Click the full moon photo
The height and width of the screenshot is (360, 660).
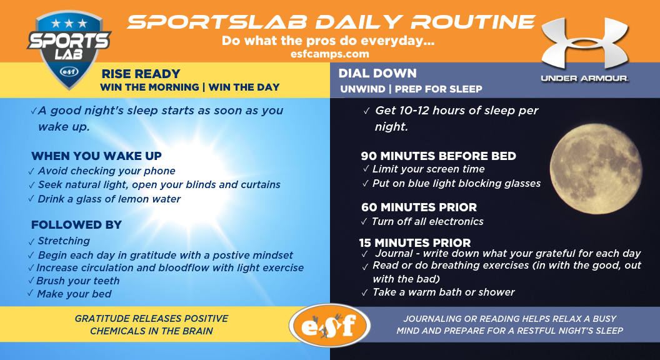pyautogui.click(x=596, y=169)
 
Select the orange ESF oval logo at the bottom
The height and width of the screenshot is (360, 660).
pyautogui.click(x=329, y=326)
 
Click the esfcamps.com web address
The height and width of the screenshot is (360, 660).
pyautogui.click(x=329, y=54)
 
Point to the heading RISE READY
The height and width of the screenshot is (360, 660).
pyautogui.click(x=141, y=74)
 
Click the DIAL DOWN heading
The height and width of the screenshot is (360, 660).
pyautogui.click(x=377, y=73)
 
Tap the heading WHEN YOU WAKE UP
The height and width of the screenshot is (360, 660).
pyautogui.click(x=96, y=156)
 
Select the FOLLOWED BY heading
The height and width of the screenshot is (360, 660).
pyautogui.click(x=77, y=225)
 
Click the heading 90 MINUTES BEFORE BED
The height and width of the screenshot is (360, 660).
pyautogui.click(x=438, y=156)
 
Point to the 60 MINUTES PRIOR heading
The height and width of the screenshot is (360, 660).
pyautogui.click(x=419, y=207)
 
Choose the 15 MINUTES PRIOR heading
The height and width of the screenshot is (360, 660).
pyautogui.click(x=414, y=243)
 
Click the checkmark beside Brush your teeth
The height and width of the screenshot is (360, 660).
pyautogui.click(x=31, y=281)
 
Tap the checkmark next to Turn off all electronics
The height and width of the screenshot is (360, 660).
pyautogui.click(x=364, y=222)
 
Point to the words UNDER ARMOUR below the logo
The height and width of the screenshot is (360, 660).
pyautogui.click(x=584, y=78)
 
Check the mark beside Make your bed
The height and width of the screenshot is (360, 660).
pyautogui.click(x=30, y=293)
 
